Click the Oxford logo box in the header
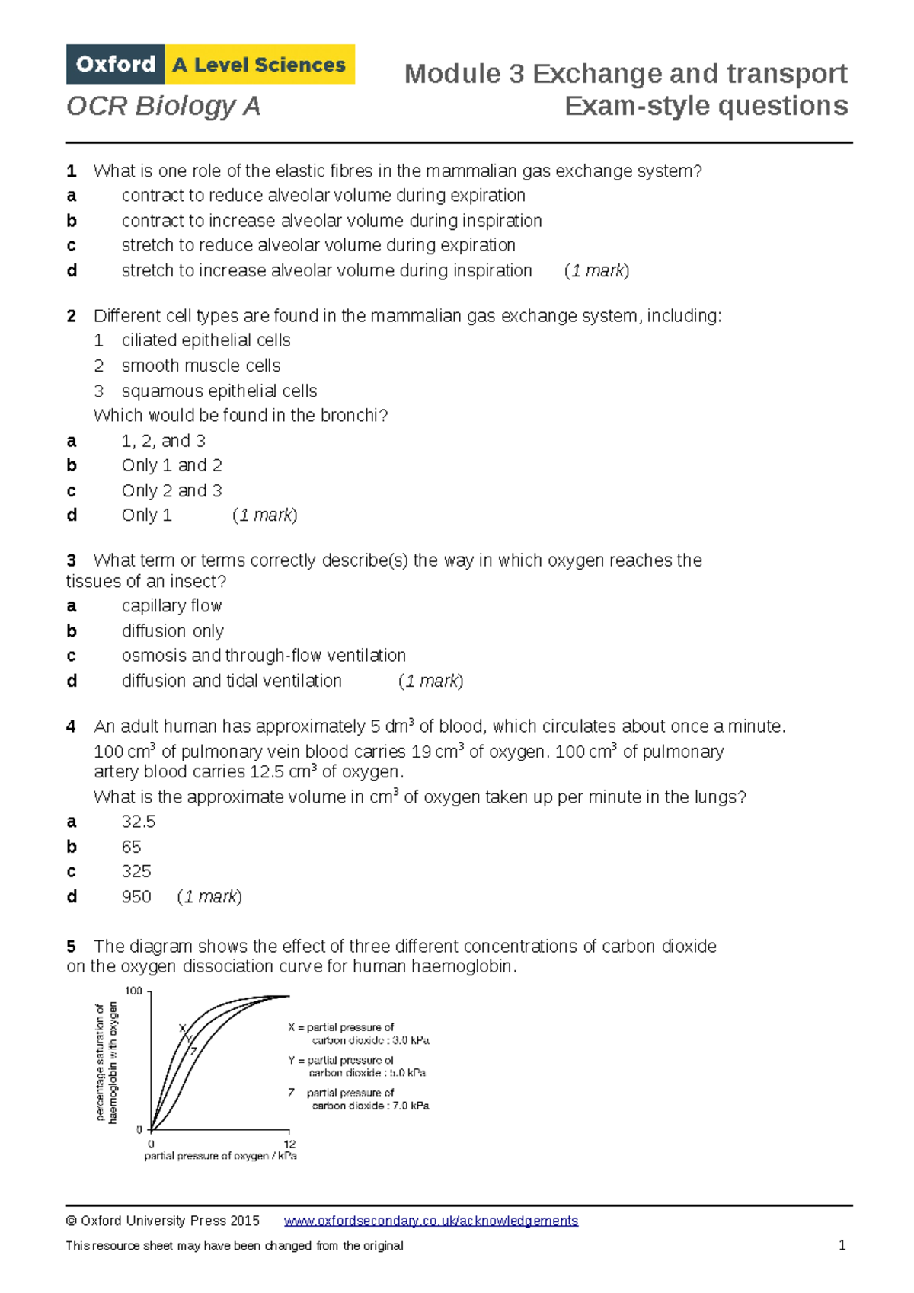pos(116,65)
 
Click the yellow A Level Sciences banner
pos(259,65)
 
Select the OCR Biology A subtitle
pos(164,106)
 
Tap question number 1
pos(71,171)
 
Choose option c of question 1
pos(318,245)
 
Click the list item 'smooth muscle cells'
pos(201,366)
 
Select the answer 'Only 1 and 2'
pos(171,465)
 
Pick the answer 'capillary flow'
pos(171,606)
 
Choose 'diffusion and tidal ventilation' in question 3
pos(232,681)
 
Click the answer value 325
pos(136,871)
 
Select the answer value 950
pos(136,897)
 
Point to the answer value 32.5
pos(139,822)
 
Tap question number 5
pos(71,947)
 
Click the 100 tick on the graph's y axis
pos(133,991)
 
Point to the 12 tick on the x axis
pos(289,1144)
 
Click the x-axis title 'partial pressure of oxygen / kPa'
pos(220,1156)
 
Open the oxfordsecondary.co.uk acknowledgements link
pos(430,1221)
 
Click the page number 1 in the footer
pos(842,1246)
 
